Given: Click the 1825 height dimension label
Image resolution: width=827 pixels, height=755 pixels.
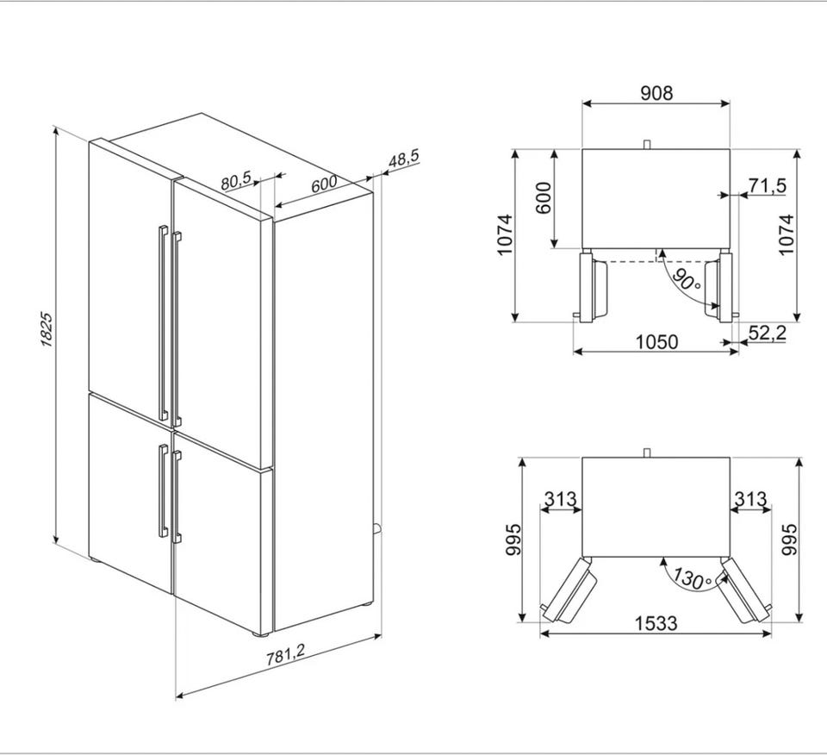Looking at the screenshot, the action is (x=47, y=330).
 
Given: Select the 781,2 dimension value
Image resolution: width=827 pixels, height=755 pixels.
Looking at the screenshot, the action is (x=285, y=655).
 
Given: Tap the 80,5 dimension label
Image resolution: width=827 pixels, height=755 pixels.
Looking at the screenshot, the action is (x=236, y=180).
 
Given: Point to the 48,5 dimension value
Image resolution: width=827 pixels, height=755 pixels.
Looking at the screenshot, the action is (x=403, y=159).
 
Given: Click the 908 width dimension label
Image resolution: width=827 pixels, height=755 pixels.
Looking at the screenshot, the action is (x=656, y=93).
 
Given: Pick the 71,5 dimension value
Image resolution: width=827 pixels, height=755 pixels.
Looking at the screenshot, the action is (x=768, y=185).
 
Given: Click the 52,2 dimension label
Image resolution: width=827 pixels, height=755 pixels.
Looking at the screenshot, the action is (x=768, y=333).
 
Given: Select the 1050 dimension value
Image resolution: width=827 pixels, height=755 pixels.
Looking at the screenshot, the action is (x=656, y=342).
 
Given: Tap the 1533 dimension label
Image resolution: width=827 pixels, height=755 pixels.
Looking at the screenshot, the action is (x=656, y=624).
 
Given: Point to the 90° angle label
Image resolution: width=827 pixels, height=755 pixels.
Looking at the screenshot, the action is (x=687, y=281).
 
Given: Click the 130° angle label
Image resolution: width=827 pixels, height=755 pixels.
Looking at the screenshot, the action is (x=693, y=579).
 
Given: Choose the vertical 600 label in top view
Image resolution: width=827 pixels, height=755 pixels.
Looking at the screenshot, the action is (x=544, y=198).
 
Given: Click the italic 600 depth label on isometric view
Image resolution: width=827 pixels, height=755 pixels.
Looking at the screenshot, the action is (x=323, y=184).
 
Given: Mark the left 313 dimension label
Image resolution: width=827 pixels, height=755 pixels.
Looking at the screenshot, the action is (x=561, y=498).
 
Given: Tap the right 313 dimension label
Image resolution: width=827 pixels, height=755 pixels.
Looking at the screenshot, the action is (x=749, y=498).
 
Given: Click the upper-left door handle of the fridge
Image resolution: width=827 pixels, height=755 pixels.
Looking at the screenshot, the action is (x=163, y=323).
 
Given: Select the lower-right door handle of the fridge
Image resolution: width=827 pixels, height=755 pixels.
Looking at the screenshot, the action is (x=177, y=496).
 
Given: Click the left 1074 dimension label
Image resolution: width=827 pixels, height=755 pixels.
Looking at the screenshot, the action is (x=505, y=234).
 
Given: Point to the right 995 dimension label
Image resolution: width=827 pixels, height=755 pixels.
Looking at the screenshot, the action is (x=788, y=540).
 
